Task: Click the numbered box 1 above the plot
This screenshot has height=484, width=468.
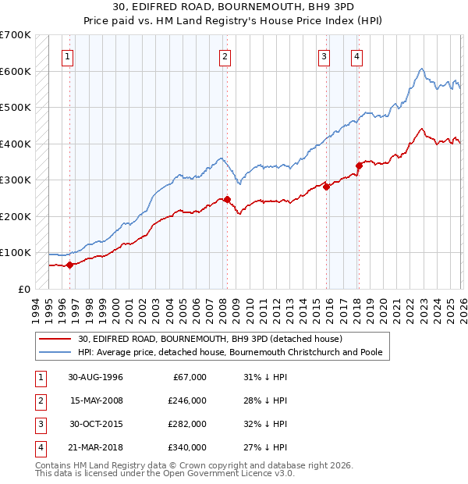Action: pos(69,56)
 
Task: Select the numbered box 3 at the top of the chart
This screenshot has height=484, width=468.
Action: pos(324,56)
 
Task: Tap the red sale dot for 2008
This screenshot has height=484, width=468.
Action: pos(227,199)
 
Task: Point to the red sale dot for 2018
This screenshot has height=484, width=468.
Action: pos(359,165)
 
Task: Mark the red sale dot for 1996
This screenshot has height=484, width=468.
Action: pos(69,265)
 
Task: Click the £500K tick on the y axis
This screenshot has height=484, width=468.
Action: pos(16,107)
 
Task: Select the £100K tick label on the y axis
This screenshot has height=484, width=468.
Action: pos(16,252)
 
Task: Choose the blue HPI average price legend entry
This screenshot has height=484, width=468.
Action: pos(230,352)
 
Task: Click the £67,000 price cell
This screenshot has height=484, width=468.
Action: pos(188,376)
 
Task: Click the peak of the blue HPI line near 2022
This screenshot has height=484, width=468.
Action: pos(420,69)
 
